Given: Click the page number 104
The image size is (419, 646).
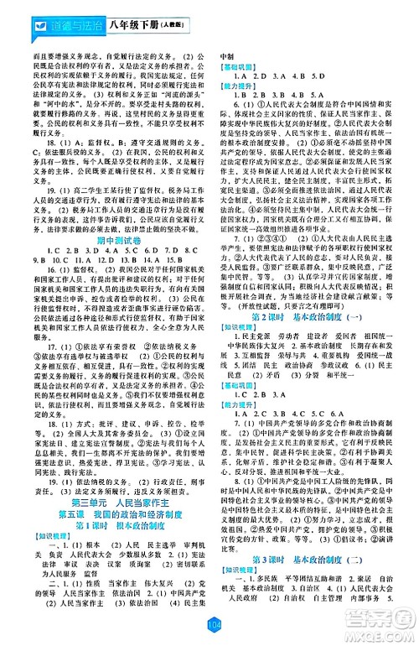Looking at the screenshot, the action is (210, 623).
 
